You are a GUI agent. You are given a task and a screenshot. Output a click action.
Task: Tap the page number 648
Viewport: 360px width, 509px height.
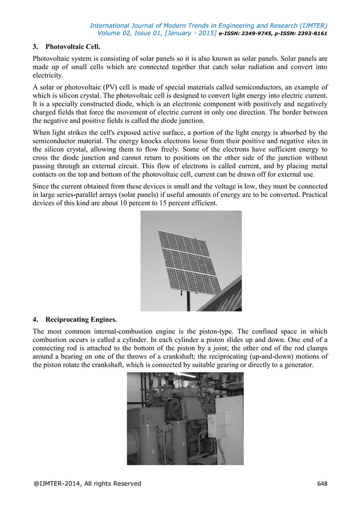(322, 484)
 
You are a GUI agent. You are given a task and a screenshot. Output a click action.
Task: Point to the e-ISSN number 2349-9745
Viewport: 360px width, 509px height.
(264, 33)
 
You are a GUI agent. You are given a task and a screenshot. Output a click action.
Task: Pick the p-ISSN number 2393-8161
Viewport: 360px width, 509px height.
(310, 33)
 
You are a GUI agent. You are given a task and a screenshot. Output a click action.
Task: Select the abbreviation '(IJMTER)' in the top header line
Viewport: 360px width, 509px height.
(309, 25)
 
